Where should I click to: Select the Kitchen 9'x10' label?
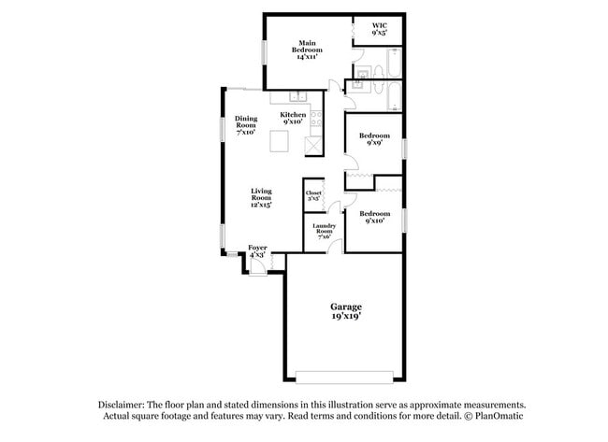(x=293, y=118)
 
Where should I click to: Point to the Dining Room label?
(x=246, y=125)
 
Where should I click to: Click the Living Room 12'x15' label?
(x=261, y=198)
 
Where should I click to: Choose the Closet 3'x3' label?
(x=314, y=195)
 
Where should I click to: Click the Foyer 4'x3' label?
(x=257, y=250)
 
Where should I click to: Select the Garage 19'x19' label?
(x=345, y=311)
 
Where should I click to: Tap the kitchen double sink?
(x=297, y=96)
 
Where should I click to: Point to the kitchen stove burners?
(x=317, y=119)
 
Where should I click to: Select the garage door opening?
(x=346, y=378)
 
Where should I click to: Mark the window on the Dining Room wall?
(x=224, y=127)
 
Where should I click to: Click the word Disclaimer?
(x=125, y=404)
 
